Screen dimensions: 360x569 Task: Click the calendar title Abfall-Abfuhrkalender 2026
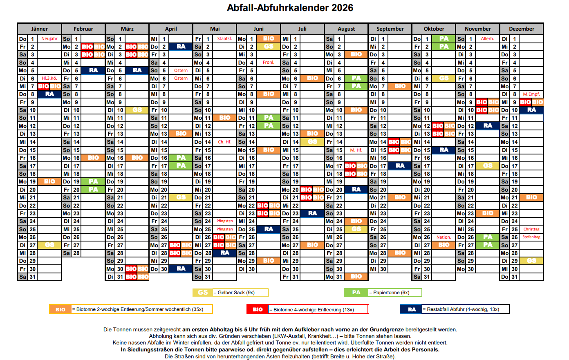coord(290,8)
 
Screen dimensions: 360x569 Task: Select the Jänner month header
coord(39,29)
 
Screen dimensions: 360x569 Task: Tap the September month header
coord(390,29)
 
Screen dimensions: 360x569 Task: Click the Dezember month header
coord(522,29)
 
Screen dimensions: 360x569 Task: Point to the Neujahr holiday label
coord(49,39)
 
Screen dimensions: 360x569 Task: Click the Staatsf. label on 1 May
coord(224,39)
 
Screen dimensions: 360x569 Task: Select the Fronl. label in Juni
coord(269,63)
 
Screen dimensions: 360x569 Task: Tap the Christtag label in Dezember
coord(531,229)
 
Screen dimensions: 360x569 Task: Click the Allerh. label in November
coord(487,39)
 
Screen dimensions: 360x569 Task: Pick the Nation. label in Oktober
coord(444,237)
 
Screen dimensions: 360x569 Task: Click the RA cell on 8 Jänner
coord(49,94)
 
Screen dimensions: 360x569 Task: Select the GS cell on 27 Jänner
coord(49,245)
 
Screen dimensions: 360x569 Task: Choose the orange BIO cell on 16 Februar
coord(93,158)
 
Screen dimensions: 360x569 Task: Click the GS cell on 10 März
coord(137,110)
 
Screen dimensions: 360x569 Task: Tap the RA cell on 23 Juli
coord(312,213)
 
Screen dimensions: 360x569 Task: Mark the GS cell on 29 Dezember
coord(531,261)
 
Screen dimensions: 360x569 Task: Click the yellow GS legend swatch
coord(203,293)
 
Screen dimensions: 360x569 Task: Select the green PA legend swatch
coord(356,293)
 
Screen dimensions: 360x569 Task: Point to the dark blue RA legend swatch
coord(411,309)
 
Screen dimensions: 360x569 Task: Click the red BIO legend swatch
coord(258,309)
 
